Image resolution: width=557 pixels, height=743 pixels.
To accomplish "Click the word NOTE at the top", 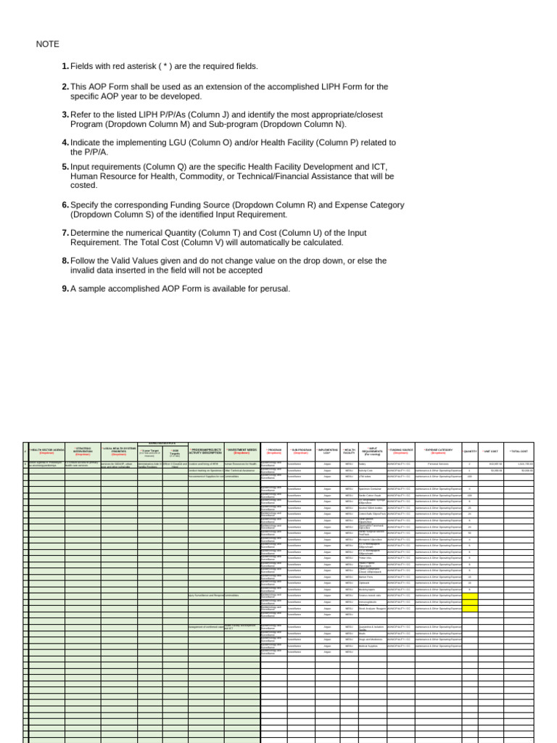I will pos(48,44).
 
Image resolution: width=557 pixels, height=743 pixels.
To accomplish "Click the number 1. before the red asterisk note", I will pos(65,67).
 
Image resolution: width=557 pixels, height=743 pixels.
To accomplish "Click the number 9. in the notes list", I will pos(65,289).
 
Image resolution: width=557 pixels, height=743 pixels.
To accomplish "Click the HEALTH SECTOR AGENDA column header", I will pos(46,451).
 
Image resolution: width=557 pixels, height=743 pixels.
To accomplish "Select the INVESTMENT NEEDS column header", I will pos(242,451).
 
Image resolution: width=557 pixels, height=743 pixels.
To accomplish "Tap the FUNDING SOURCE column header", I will pos(400,451).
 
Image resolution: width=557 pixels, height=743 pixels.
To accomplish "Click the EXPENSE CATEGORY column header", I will pos(438,451).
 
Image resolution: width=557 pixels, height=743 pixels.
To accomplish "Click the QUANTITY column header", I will pos(470,451).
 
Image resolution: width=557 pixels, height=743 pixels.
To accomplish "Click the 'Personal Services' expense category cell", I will pos(438,464).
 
